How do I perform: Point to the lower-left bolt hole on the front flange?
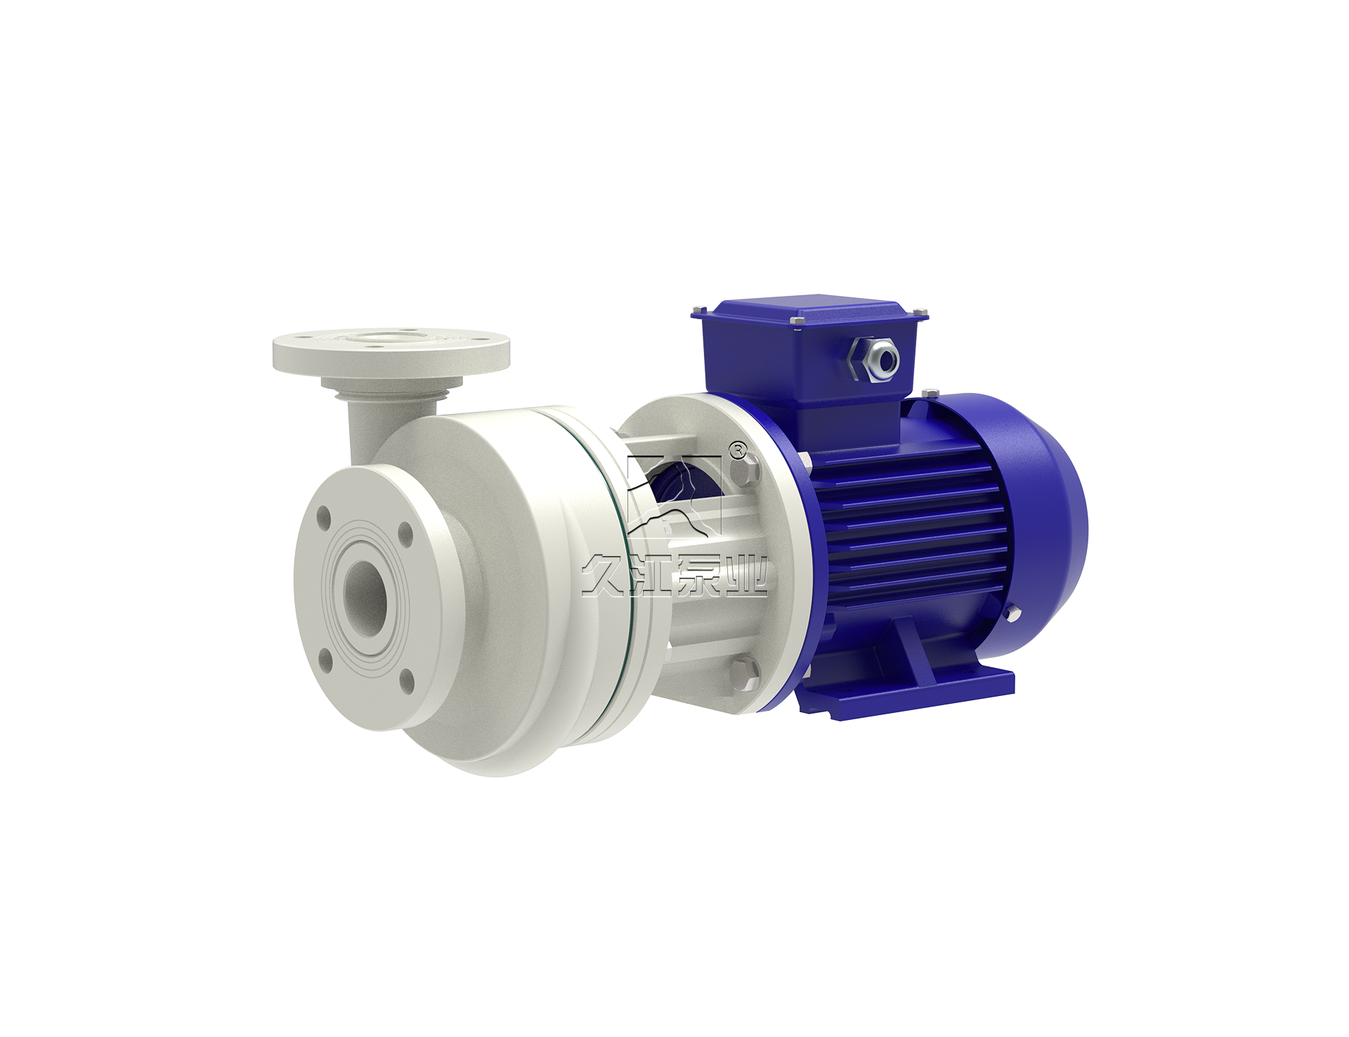[325, 659]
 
